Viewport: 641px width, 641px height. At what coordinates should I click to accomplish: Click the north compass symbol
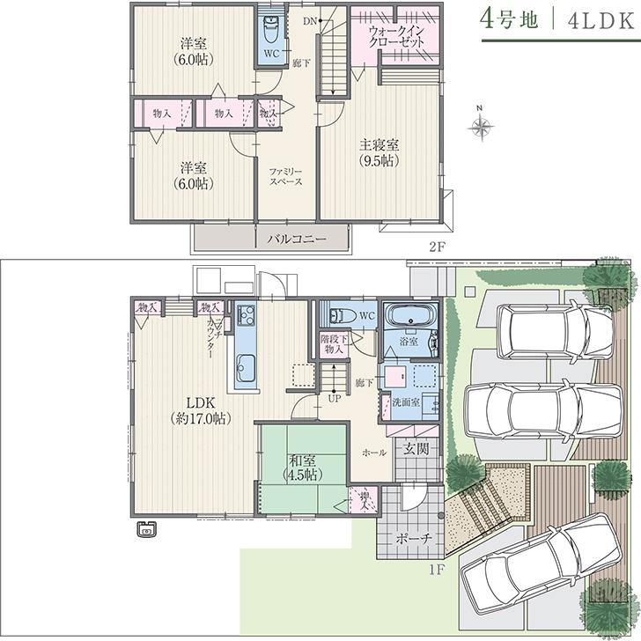click(480, 126)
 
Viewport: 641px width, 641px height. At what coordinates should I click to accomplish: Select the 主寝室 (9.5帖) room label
click(379, 153)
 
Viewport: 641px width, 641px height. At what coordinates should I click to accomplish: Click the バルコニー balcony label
click(291, 239)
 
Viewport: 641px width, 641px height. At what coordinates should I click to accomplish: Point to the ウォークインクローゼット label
click(396, 34)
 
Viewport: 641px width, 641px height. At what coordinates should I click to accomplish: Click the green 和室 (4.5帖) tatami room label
click(299, 467)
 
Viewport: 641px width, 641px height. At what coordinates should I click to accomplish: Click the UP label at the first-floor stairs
click(335, 399)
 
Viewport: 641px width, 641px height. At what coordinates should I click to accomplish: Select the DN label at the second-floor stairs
click(309, 20)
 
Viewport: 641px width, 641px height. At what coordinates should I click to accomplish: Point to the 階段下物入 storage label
click(335, 343)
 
